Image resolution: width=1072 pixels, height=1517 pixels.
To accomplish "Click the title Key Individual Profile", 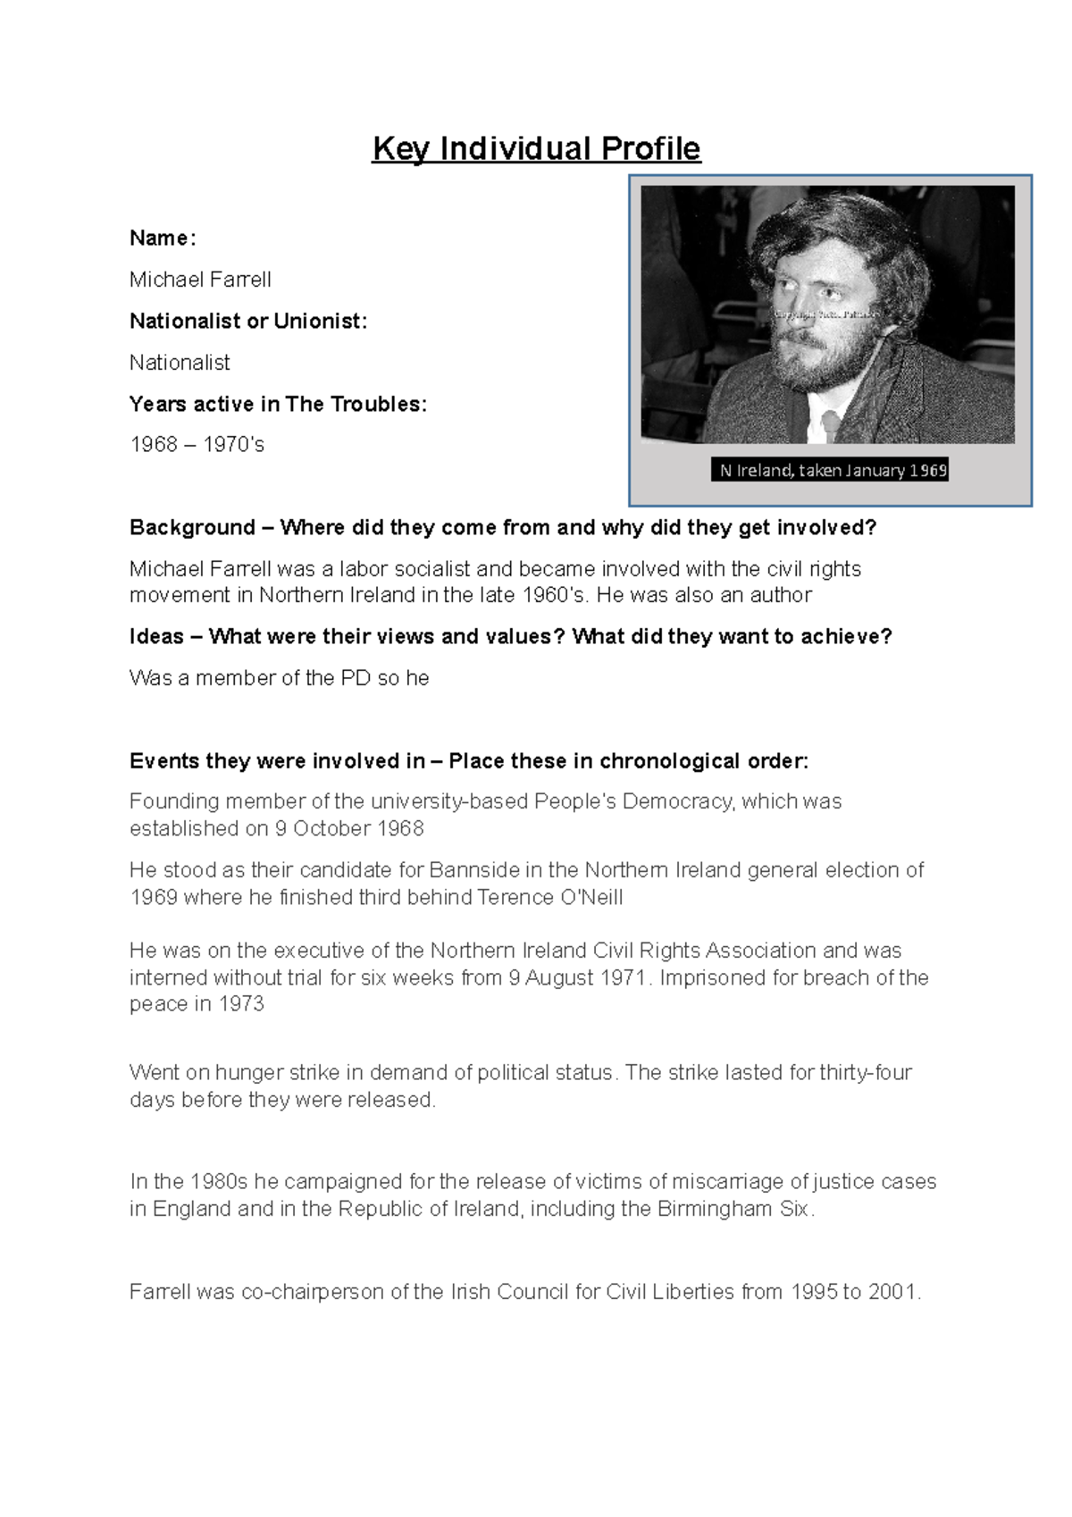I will [536, 148].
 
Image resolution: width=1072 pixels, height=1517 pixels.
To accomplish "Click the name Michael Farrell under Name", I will [200, 280].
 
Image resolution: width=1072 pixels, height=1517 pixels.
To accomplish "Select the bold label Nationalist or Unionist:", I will [248, 321].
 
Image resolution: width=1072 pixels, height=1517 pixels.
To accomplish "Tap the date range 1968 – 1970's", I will [197, 445].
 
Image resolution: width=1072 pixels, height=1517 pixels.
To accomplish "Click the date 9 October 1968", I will [348, 828].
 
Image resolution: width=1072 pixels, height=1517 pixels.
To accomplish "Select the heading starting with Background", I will [503, 527].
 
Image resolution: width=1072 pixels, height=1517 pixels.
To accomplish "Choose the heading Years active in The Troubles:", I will [278, 404].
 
